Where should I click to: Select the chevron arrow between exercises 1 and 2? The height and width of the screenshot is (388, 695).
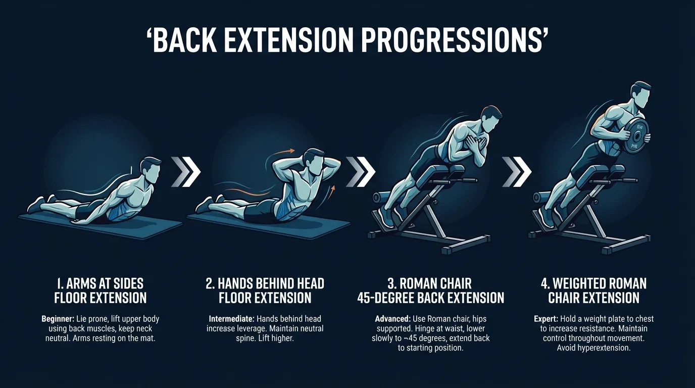(185, 172)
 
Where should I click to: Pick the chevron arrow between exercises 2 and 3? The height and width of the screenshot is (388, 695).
(360, 172)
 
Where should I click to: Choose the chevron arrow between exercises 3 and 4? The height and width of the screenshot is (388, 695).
(517, 172)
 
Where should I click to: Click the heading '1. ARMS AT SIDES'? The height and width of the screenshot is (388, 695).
(100, 283)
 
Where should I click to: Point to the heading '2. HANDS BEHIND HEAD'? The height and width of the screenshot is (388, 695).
(265, 283)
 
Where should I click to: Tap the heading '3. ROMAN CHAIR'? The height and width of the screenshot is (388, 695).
(430, 283)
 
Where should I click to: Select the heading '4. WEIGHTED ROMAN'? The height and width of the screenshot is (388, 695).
(593, 283)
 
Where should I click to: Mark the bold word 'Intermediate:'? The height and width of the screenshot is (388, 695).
(231, 319)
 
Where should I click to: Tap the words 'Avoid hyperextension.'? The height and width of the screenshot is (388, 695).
(593, 348)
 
